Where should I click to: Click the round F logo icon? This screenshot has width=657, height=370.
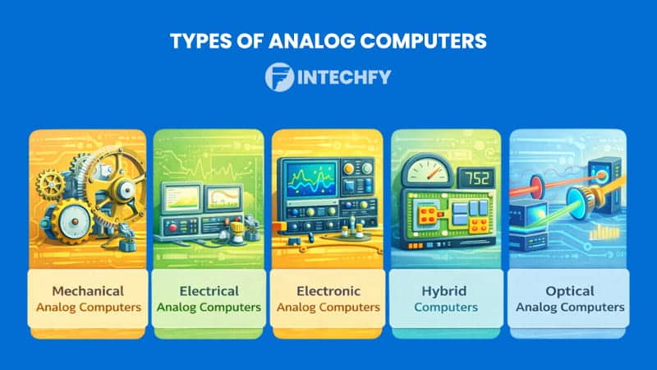pyautogui.click(x=280, y=78)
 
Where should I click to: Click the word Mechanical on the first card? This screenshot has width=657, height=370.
pyautogui.click(x=87, y=291)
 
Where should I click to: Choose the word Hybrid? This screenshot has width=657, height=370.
pyautogui.click(x=446, y=291)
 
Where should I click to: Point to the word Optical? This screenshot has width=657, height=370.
pyautogui.click(x=566, y=291)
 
